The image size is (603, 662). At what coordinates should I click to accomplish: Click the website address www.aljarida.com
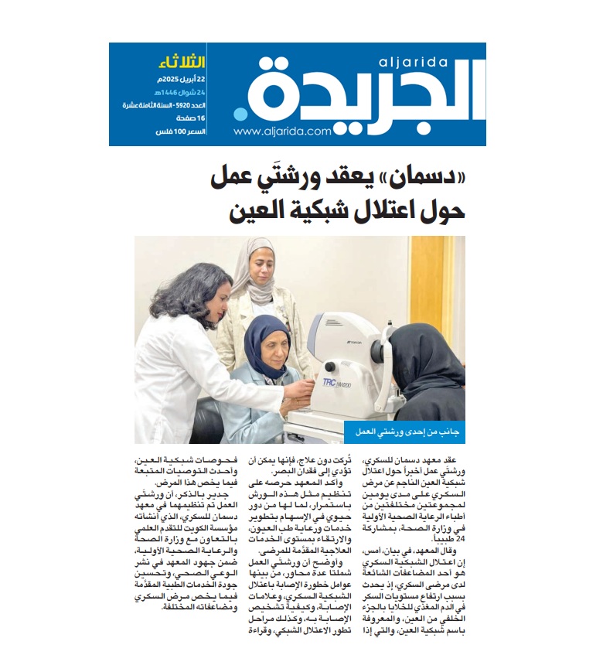coord(282,131)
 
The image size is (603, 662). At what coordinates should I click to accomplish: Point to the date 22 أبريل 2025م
coord(180,80)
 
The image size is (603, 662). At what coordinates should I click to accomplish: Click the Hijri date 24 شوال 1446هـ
coord(178,94)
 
